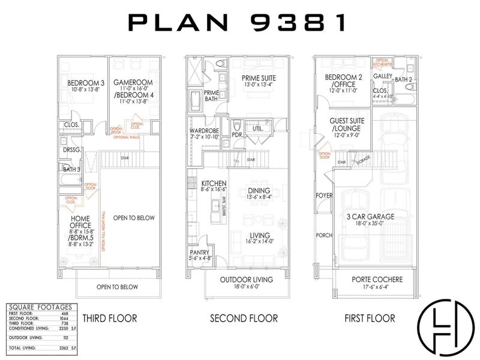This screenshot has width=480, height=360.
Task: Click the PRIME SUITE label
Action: click(x=259, y=78)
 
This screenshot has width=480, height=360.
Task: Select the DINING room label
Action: click(x=259, y=191)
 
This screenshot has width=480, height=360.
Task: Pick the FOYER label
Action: click(x=324, y=196)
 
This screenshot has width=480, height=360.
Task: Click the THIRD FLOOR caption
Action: click(x=110, y=318)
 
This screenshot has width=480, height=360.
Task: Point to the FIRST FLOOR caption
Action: click(x=370, y=318)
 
